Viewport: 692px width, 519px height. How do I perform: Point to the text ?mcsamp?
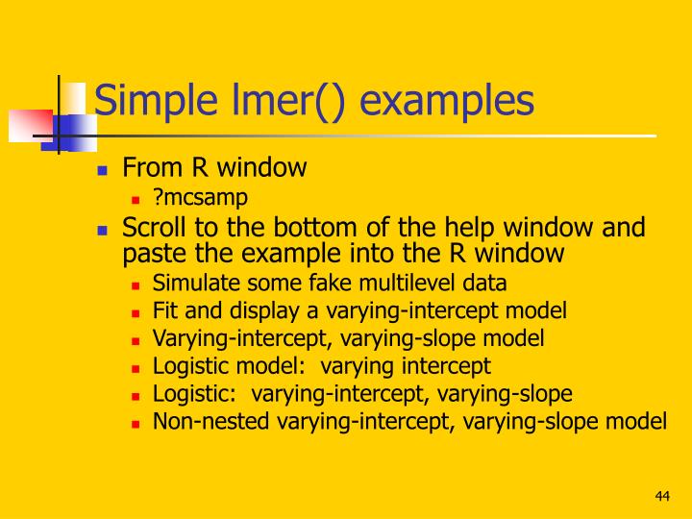pos(201,197)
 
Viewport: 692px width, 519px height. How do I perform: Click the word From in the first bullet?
pos(146,168)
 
